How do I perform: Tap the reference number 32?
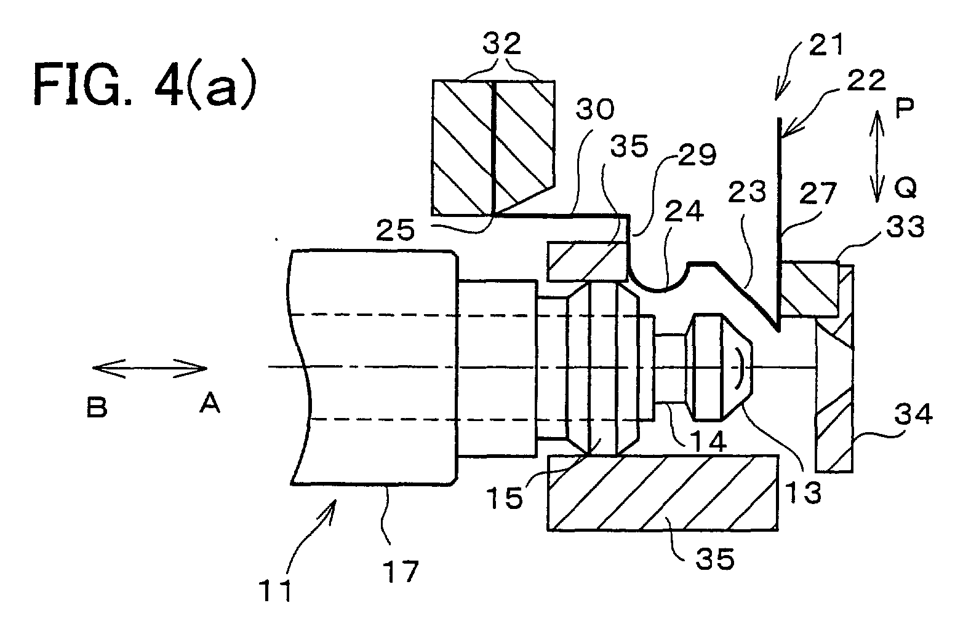(501, 43)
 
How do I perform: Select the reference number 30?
(595, 109)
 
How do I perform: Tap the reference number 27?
(818, 193)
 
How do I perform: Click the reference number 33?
(905, 226)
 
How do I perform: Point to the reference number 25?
(395, 230)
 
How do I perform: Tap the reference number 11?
(276, 590)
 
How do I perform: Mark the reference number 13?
(803, 492)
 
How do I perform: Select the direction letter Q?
(905, 187)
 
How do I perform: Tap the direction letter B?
(97, 406)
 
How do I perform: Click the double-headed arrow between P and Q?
(877, 156)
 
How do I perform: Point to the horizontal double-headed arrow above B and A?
(150, 368)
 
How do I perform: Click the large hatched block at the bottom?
(663, 493)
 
